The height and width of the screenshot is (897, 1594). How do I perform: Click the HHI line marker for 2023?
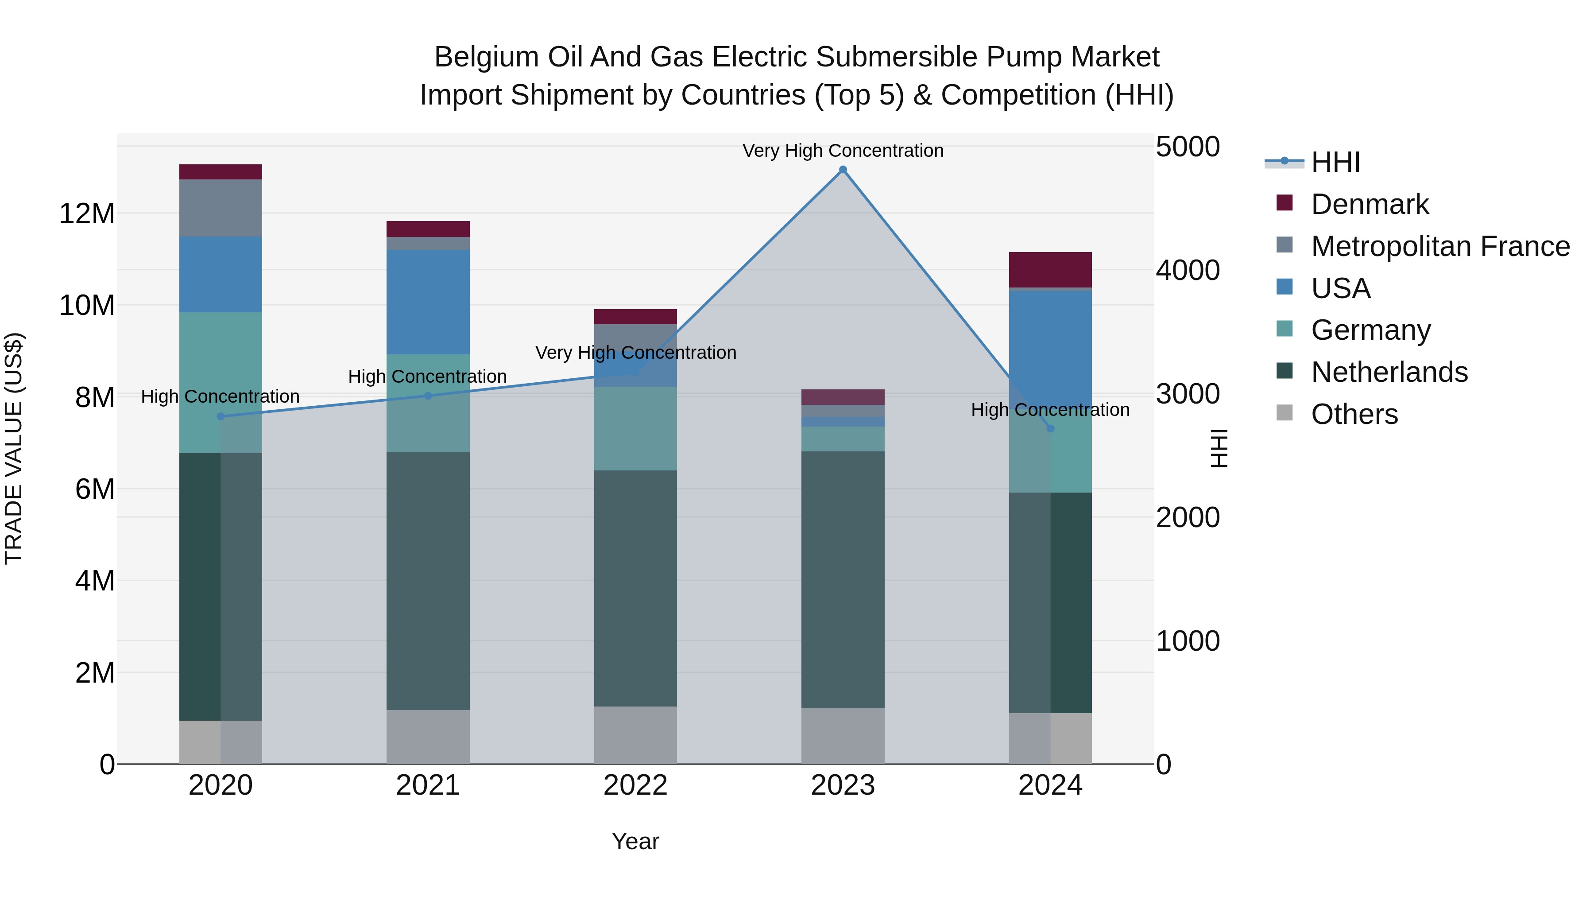(x=843, y=170)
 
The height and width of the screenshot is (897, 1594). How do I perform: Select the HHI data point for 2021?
(x=428, y=396)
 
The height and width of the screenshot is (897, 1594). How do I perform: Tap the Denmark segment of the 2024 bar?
(x=1050, y=269)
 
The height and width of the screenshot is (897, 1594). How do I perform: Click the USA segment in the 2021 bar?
(x=428, y=302)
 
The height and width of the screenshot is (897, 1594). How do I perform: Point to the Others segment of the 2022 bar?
(x=635, y=735)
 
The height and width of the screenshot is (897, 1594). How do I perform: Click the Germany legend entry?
(x=1370, y=330)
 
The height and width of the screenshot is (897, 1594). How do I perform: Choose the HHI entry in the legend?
(x=1335, y=162)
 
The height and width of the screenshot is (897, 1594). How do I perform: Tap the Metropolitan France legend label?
(x=1440, y=246)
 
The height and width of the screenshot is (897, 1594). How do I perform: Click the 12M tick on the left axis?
(x=87, y=214)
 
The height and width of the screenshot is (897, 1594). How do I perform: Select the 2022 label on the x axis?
(x=635, y=785)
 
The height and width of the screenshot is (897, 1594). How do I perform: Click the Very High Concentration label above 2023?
(x=843, y=151)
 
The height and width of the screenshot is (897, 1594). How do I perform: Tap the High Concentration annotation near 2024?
(x=1050, y=409)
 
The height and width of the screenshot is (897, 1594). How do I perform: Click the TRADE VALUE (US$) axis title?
(x=14, y=448)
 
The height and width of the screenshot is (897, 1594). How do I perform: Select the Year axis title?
(x=635, y=841)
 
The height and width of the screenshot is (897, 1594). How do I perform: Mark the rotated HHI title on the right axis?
(x=1218, y=448)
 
